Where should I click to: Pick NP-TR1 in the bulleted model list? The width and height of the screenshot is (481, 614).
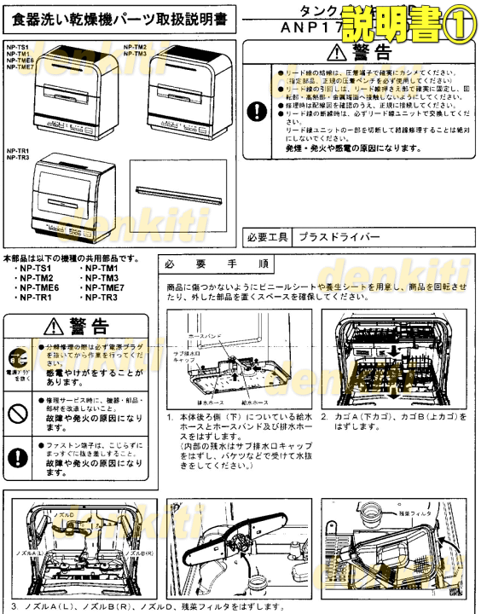[38, 298]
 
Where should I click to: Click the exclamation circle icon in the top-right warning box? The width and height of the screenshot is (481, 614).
[257, 111]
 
